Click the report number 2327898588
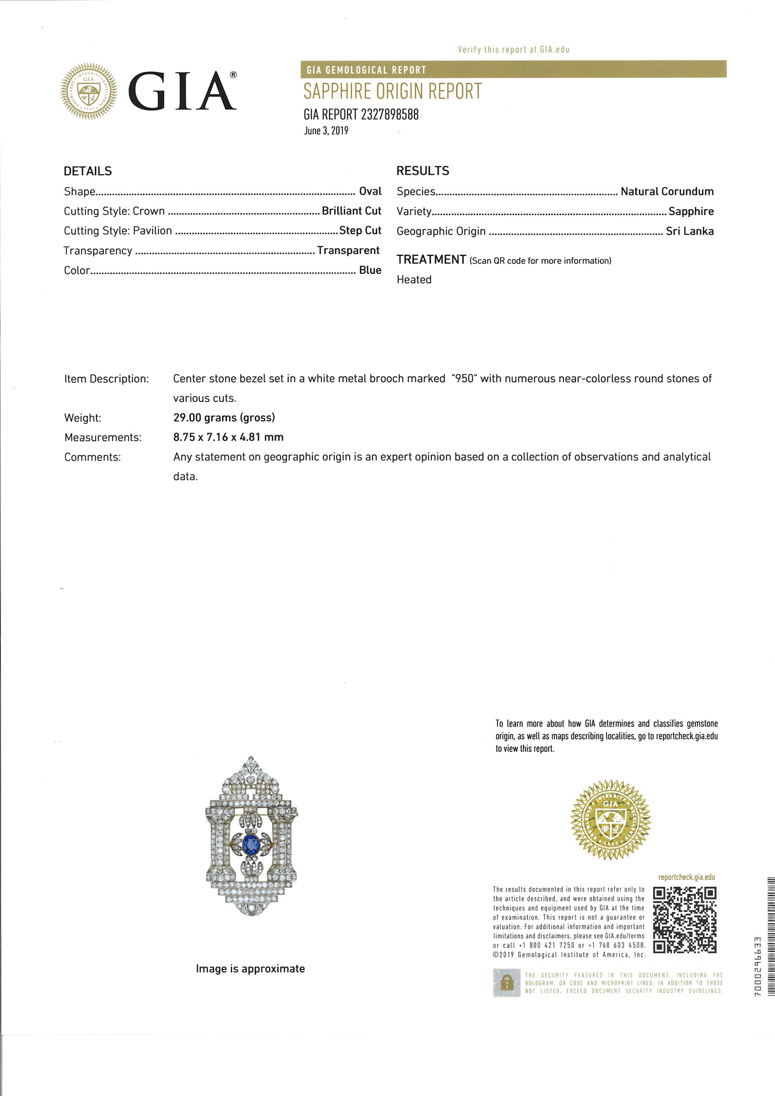(x=390, y=114)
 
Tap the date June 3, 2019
(x=326, y=131)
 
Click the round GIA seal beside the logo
(x=89, y=91)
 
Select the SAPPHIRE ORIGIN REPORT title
(x=392, y=91)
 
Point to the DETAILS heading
(x=88, y=171)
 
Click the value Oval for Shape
(x=370, y=191)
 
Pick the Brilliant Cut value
(x=351, y=211)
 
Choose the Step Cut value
(x=360, y=230)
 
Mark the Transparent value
(x=348, y=251)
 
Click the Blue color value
(x=370, y=270)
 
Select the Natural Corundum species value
(x=667, y=191)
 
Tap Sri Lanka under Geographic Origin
(x=690, y=231)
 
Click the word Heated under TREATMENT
(x=414, y=280)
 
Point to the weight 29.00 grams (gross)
(x=224, y=418)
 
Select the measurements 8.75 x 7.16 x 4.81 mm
(x=228, y=437)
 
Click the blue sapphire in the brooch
(x=251, y=845)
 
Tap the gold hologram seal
(x=610, y=820)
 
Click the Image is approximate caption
(x=250, y=969)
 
